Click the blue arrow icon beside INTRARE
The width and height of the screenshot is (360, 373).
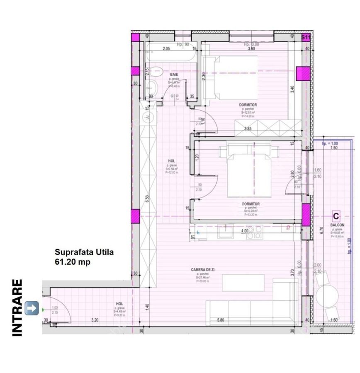coord(32,308)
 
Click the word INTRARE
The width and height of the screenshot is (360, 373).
coord(17,308)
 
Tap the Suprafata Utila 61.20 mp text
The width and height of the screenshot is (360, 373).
coord(81,257)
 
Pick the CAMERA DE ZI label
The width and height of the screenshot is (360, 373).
coord(203,270)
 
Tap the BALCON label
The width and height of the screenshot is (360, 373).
coord(336,225)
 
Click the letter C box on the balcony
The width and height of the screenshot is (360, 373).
coord(336,216)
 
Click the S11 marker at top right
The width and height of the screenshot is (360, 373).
coord(306,37)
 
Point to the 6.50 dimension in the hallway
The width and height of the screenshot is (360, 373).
coord(147,199)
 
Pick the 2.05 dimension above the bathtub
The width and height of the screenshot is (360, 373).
coord(166,49)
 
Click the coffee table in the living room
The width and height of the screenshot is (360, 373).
coord(243,283)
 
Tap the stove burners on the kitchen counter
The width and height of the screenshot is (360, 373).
coord(254,232)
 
